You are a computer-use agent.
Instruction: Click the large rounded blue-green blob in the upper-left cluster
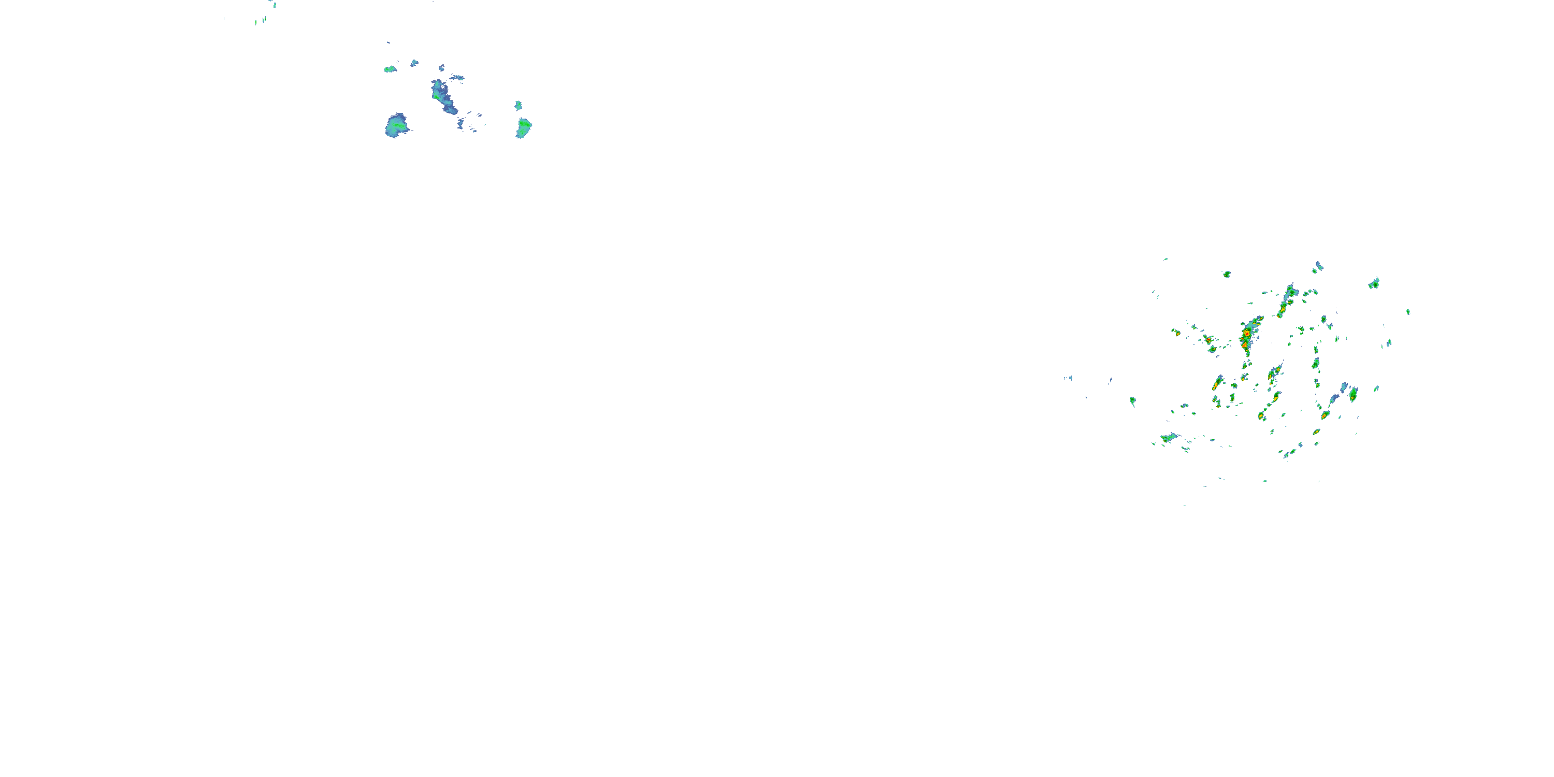pos(396,125)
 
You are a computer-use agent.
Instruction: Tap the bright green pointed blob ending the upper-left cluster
pos(524,127)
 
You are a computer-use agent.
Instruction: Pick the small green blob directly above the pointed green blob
pos(517,106)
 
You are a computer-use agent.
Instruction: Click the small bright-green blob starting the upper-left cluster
pos(390,69)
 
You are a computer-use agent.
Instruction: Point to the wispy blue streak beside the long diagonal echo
pos(457,77)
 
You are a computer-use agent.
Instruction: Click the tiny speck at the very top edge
pos(274,4)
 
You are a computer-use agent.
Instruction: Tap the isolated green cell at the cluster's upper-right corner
pos(1374,283)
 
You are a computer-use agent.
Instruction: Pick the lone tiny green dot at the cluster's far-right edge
pos(1408,312)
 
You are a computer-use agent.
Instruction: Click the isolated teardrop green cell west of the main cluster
pos(1132,400)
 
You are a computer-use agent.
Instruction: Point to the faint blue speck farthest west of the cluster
pos(1068,378)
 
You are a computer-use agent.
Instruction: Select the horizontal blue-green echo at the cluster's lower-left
pos(1169,438)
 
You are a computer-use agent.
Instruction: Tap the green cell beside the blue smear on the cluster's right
pos(1353,395)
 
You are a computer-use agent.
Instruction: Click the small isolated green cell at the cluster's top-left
pos(1227,275)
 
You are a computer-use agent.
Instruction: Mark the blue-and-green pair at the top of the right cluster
pos(1318,267)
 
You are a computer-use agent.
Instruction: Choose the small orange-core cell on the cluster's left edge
pos(1176,333)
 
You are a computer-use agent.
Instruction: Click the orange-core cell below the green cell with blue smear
pos(1324,415)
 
